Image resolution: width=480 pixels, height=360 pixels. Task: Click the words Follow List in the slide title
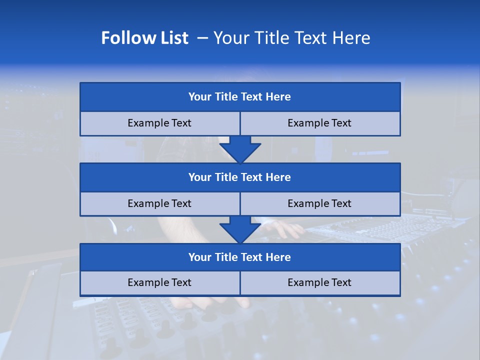point(144,38)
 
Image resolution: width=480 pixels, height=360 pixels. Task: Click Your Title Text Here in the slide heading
point(291,38)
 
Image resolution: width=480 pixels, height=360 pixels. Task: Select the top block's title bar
point(240,97)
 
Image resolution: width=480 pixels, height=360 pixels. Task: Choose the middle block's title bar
point(240,177)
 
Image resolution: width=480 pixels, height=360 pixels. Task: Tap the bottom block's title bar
point(240,257)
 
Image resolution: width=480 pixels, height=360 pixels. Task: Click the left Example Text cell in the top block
point(159,123)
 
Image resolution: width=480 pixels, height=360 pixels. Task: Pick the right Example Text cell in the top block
point(320,123)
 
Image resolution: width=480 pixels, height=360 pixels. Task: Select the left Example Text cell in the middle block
point(159,203)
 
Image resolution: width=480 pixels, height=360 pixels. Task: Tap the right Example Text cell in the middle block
point(320,203)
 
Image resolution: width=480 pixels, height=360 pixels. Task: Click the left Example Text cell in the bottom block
point(159,282)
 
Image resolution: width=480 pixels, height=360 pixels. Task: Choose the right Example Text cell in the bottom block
point(320,282)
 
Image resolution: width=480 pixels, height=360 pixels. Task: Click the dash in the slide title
point(202,38)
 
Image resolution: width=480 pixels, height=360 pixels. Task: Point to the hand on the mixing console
point(286,229)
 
